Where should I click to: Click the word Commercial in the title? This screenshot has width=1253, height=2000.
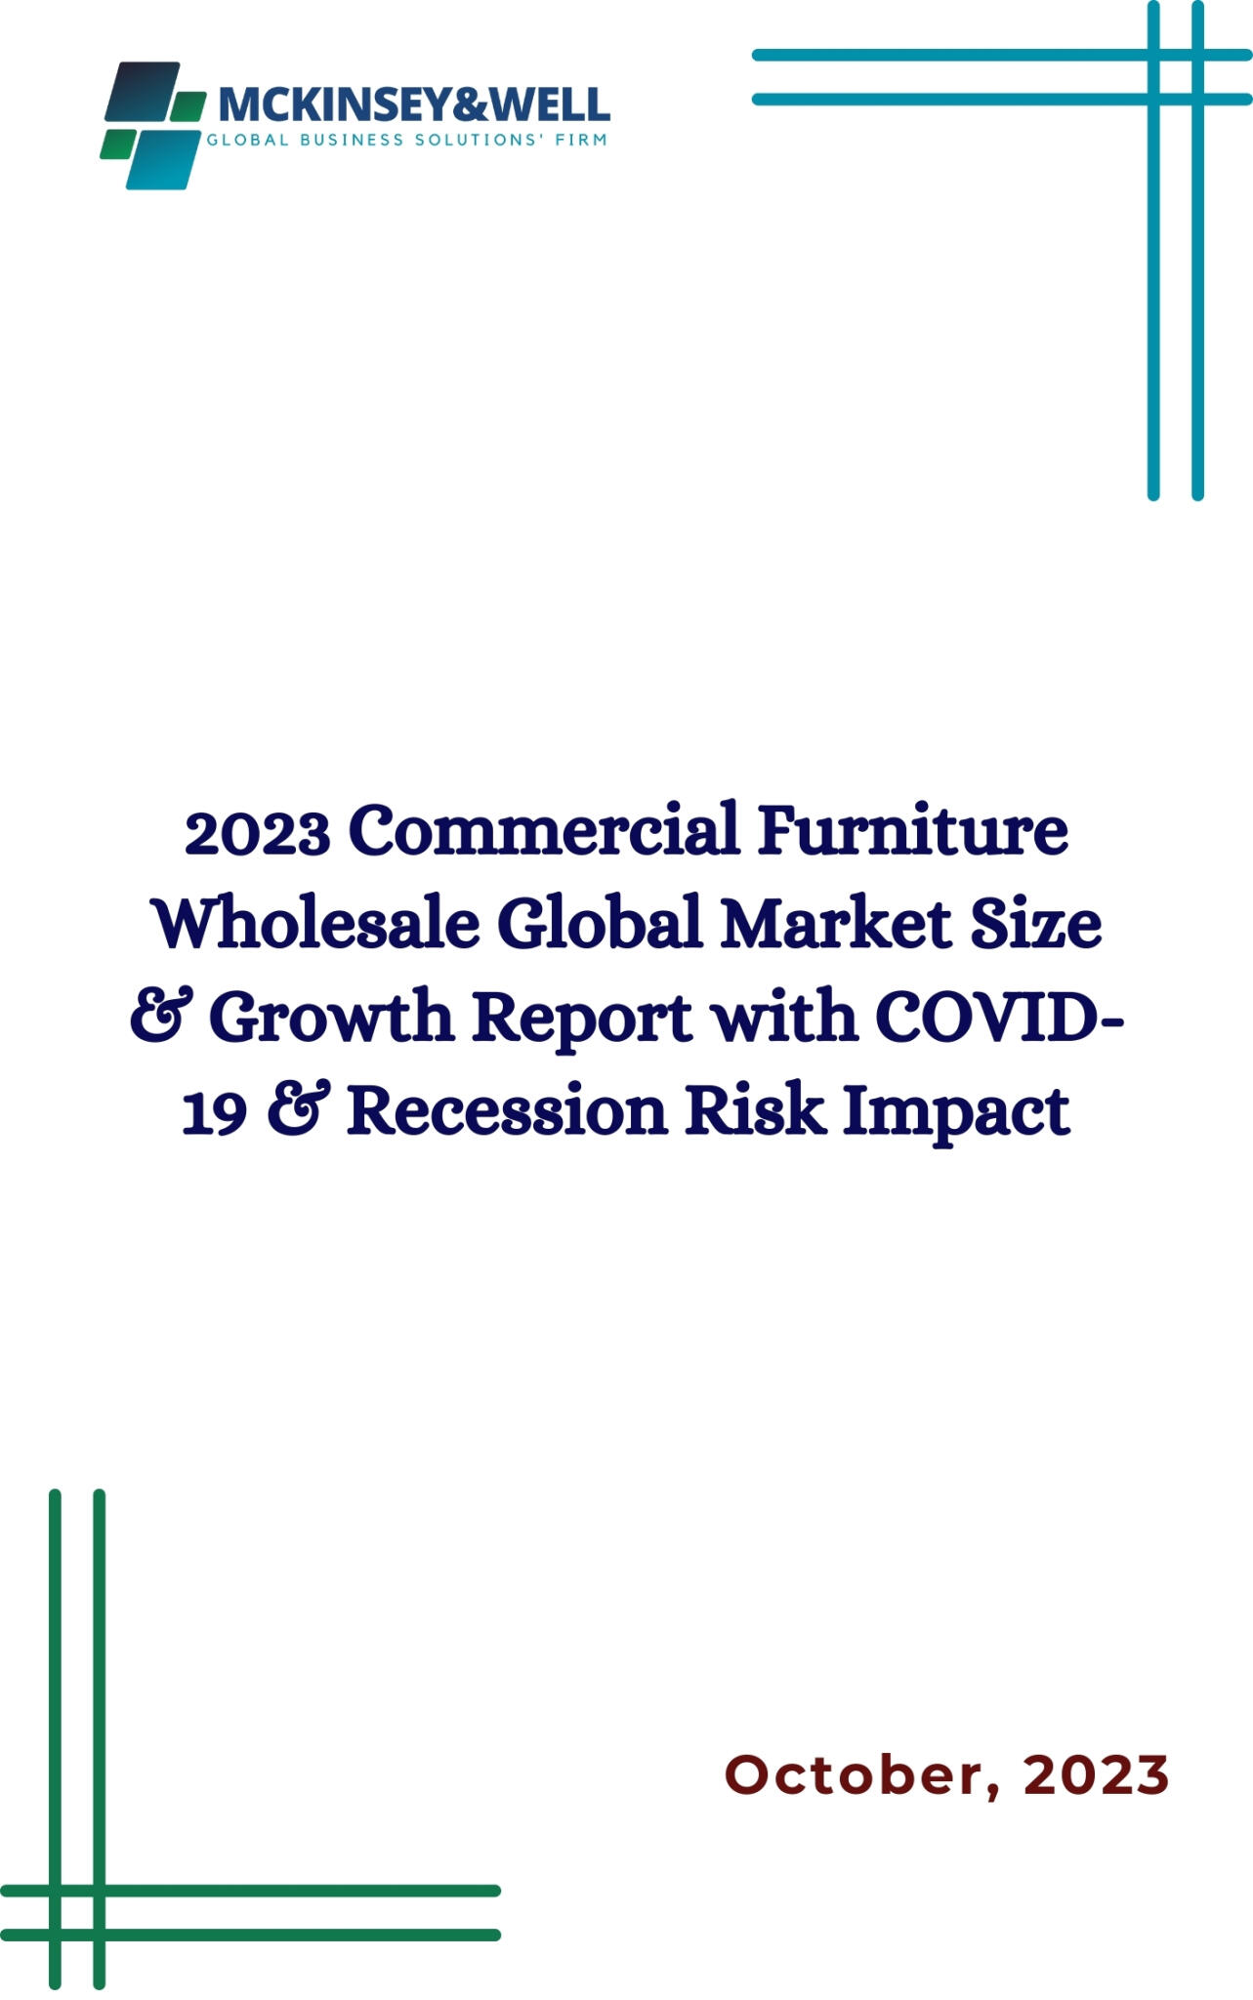pos(544,830)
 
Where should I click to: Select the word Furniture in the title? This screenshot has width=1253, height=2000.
pos(913,830)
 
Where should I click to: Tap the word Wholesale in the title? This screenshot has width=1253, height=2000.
pos(316,924)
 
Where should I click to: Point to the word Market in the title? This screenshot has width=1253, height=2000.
pos(836,924)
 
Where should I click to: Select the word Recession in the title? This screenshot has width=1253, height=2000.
pos(507,1111)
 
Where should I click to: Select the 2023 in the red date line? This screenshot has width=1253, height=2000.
pos(1097,1774)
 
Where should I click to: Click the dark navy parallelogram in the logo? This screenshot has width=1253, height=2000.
pos(143,92)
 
